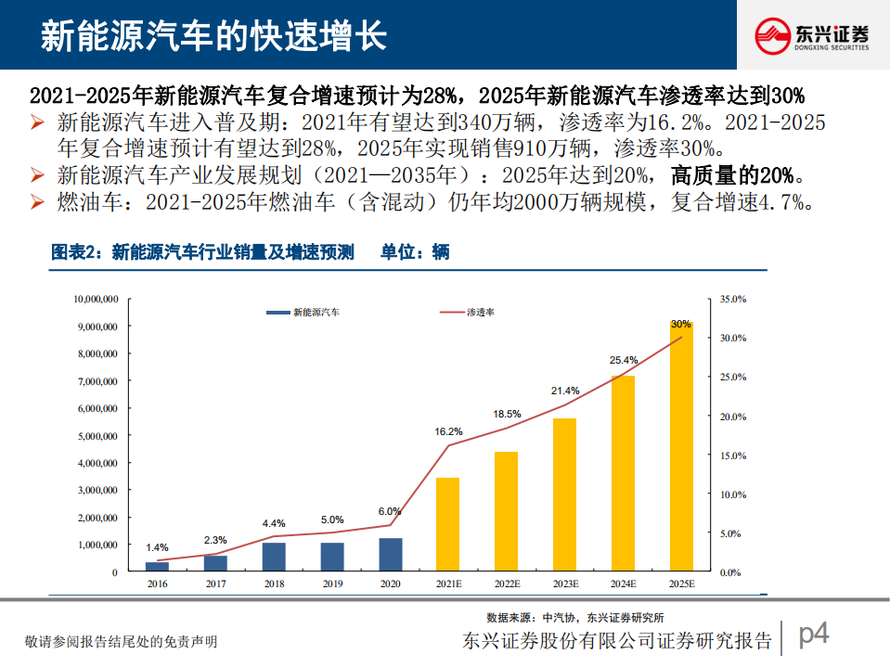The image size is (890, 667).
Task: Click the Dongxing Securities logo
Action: tap(811, 35)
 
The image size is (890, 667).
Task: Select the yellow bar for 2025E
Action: tap(681, 445)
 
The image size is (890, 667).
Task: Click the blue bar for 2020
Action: tap(391, 554)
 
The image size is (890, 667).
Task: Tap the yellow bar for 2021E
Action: tap(448, 523)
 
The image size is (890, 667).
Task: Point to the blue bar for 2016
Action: tap(158, 566)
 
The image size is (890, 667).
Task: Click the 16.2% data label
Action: tap(448, 431)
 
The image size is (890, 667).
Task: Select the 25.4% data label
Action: tap(624, 360)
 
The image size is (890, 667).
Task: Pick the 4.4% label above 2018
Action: tap(274, 523)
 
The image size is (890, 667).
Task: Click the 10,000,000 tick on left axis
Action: tap(95, 300)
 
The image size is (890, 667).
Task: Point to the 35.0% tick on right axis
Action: tap(733, 300)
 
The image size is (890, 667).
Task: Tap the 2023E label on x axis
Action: tap(564, 584)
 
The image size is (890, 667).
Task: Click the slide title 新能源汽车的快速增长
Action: tap(213, 35)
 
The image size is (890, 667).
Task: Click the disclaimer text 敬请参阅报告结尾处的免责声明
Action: tap(121, 641)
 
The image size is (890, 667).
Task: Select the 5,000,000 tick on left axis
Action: tap(95, 436)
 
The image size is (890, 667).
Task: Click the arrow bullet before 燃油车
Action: tap(37, 203)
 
